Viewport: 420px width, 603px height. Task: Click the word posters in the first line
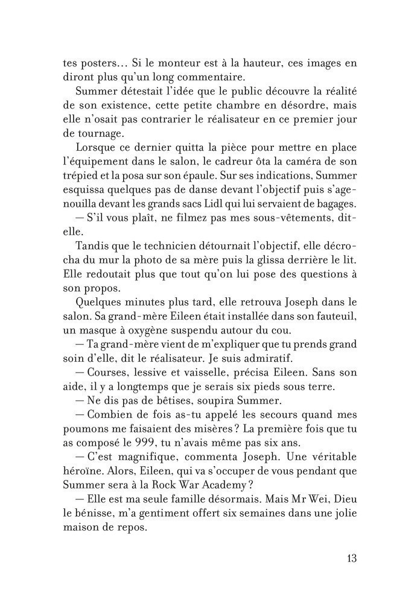[x=96, y=62]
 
